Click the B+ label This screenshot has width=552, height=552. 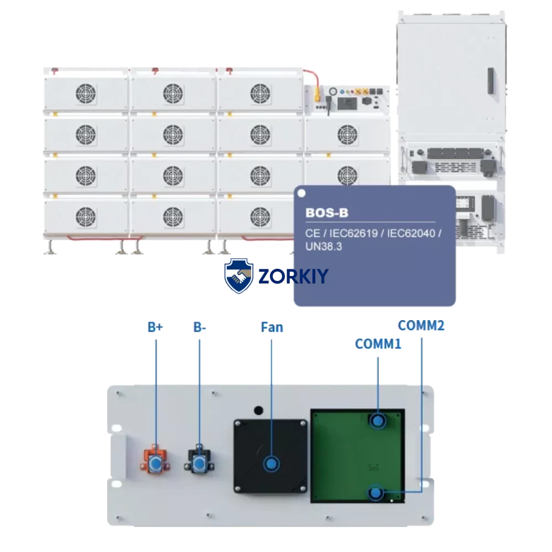[x=155, y=327]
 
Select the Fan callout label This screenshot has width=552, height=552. [x=272, y=328]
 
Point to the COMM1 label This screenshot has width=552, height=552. [x=378, y=344]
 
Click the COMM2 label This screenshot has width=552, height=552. [x=421, y=326]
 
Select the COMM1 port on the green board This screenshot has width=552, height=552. [x=378, y=421]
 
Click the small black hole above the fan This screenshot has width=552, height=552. [x=258, y=410]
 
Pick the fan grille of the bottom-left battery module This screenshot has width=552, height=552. [x=86, y=215]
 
